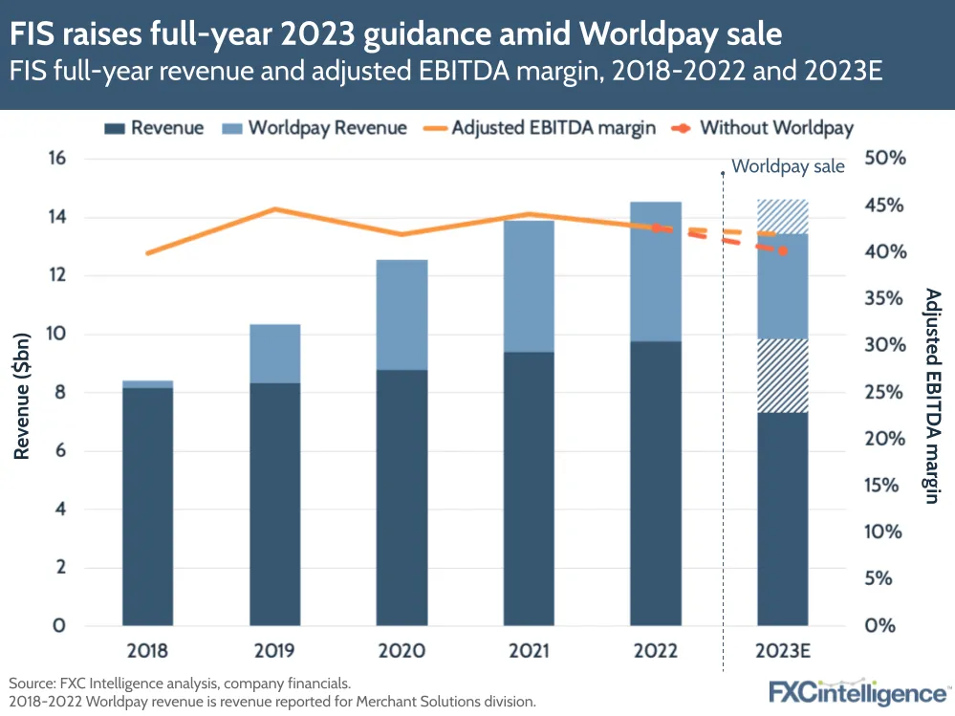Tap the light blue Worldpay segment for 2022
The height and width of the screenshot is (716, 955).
pos(655,271)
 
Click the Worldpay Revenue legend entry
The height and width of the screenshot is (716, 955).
pos(315,128)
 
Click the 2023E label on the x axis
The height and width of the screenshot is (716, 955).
pos(783,651)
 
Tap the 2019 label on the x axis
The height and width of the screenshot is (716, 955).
pos(274,651)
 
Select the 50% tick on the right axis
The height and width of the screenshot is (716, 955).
pos(883,159)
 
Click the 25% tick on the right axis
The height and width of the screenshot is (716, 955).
pos(883,392)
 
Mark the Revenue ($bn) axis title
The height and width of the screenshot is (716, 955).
pos(22,393)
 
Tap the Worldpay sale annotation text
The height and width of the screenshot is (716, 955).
pos(788,166)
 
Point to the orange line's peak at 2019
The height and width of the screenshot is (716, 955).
pos(274,208)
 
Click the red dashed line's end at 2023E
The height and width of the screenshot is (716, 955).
pos(783,251)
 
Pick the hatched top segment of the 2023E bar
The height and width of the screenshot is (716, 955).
pos(783,216)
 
